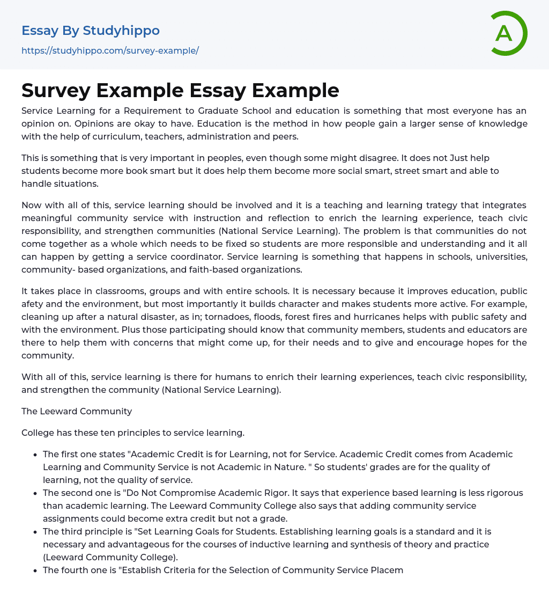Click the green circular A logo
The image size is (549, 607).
tap(508, 33)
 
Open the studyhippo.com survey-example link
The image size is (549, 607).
tap(110, 50)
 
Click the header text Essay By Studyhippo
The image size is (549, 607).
tap(91, 31)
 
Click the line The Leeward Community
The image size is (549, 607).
tap(77, 411)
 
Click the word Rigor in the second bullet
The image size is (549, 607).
tap(275, 493)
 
